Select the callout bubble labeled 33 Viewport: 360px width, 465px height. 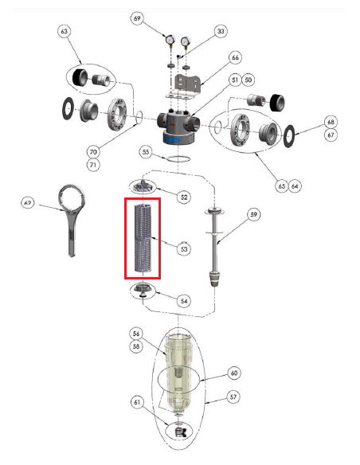pyautogui.click(x=221, y=32)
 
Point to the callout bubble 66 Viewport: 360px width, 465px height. pyautogui.click(x=234, y=58)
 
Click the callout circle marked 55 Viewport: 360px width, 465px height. pyautogui.click(x=145, y=150)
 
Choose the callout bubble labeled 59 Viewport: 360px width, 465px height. pyautogui.click(x=254, y=213)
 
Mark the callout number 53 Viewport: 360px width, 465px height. pyautogui.click(x=184, y=249)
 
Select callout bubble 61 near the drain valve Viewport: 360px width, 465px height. pyautogui.click(x=137, y=403)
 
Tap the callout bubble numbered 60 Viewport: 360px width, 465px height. pyautogui.click(x=234, y=373)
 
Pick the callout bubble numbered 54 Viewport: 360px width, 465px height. pyautogui.click(x=184, y=301)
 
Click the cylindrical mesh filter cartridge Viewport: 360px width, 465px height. pyautogui.click(x=143, y=236)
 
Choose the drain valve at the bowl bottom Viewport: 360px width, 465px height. pyautogui.click(x=181, y=432)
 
